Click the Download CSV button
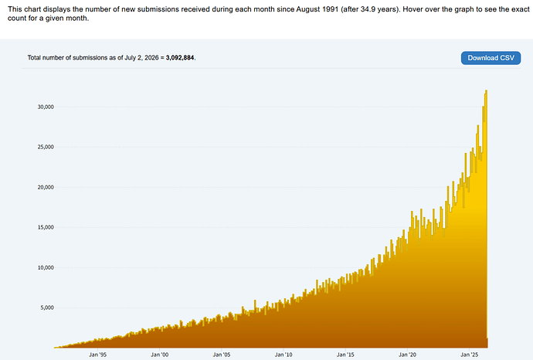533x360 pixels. point(491,58)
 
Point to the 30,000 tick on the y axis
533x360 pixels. point(46,107)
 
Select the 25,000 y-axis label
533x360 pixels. point(46,147)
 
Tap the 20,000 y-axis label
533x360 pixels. point(46,187)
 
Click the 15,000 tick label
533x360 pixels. point(46,227)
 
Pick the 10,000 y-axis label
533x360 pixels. point(46,267)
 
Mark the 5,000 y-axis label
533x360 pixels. point(47,307)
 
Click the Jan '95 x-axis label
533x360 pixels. point(97,355)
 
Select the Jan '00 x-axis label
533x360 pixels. point(159,355)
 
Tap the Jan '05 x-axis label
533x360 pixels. point(222,355)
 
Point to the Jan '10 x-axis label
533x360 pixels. point(283,355)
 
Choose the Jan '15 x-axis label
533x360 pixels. point(345,355)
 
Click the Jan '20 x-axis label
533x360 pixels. point(407,355)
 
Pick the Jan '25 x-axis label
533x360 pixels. point(469,355)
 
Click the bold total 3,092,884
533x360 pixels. point(180,58)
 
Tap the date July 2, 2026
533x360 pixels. point(141,58)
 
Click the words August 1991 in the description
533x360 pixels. point(317,9)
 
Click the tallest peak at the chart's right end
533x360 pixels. point(487,91)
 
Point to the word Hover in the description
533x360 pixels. point(412,9)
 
